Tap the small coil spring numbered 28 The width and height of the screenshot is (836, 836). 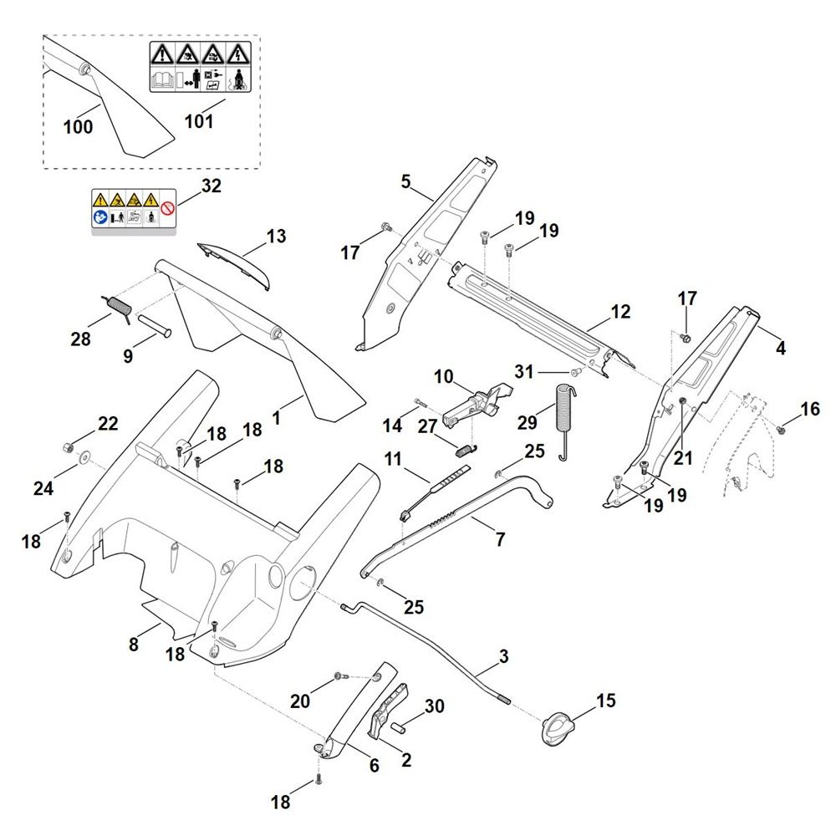(116, 306)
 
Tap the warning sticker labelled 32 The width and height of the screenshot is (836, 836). (134, 211)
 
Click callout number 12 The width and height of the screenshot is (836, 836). (619, 312)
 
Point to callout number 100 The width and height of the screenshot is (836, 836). (78, 127)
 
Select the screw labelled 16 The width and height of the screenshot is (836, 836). (781, 430)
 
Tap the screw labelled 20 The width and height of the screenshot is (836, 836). (339, 675)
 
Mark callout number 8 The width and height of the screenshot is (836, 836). (134, 645)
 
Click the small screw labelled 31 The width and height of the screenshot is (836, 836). (574, 370)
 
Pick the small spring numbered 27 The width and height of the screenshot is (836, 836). (465, 448)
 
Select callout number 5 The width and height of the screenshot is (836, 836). (406, 181)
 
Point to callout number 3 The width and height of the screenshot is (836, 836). (503, 657)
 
